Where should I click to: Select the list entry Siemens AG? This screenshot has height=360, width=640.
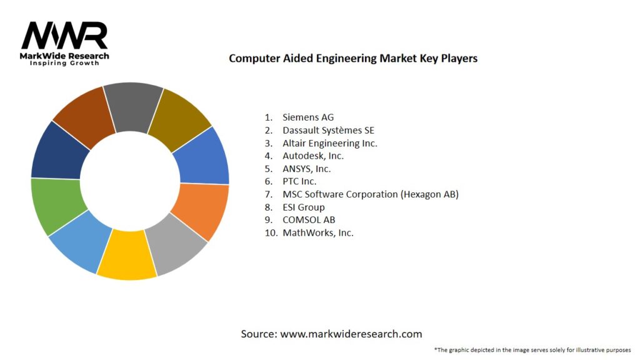tap(308, 117)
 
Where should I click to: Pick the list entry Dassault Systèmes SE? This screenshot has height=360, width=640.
tap(328, 130)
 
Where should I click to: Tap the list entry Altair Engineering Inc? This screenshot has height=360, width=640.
tap(329, 143)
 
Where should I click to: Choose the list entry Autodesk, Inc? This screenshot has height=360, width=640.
tap(313, 156)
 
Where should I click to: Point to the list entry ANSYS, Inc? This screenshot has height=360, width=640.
tap(306, 169)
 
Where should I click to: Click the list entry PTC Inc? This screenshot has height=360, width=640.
tap(299, 181)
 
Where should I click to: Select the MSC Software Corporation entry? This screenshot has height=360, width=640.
tap(370, 194)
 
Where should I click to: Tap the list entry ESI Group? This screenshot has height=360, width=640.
tap(303, 207)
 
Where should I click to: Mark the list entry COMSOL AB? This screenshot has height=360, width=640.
tap(309, 220)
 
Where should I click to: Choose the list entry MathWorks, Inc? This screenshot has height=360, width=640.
tap(317, 232)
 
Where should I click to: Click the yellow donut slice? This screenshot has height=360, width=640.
tap(127, 257)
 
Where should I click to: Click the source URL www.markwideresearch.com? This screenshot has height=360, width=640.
tap(351, 334)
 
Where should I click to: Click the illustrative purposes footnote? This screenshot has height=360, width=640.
tap(532, 350)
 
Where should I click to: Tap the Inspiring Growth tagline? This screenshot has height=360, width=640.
tap(64, 64)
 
